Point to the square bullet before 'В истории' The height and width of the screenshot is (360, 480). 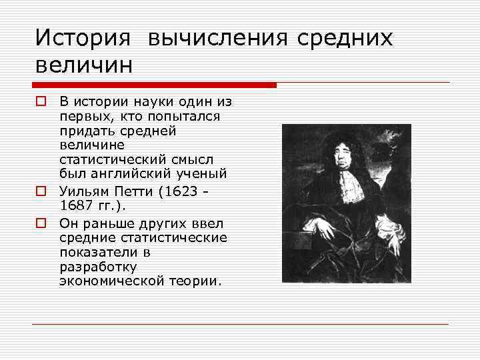click(x=41, y=102)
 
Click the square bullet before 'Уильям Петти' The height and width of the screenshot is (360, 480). click(x=41, y=191)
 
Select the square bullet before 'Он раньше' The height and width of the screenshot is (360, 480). click(x=41, y=222)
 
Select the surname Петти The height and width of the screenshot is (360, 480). click(x=141, y=191)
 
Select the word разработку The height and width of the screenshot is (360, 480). click(x=97, y=267)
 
